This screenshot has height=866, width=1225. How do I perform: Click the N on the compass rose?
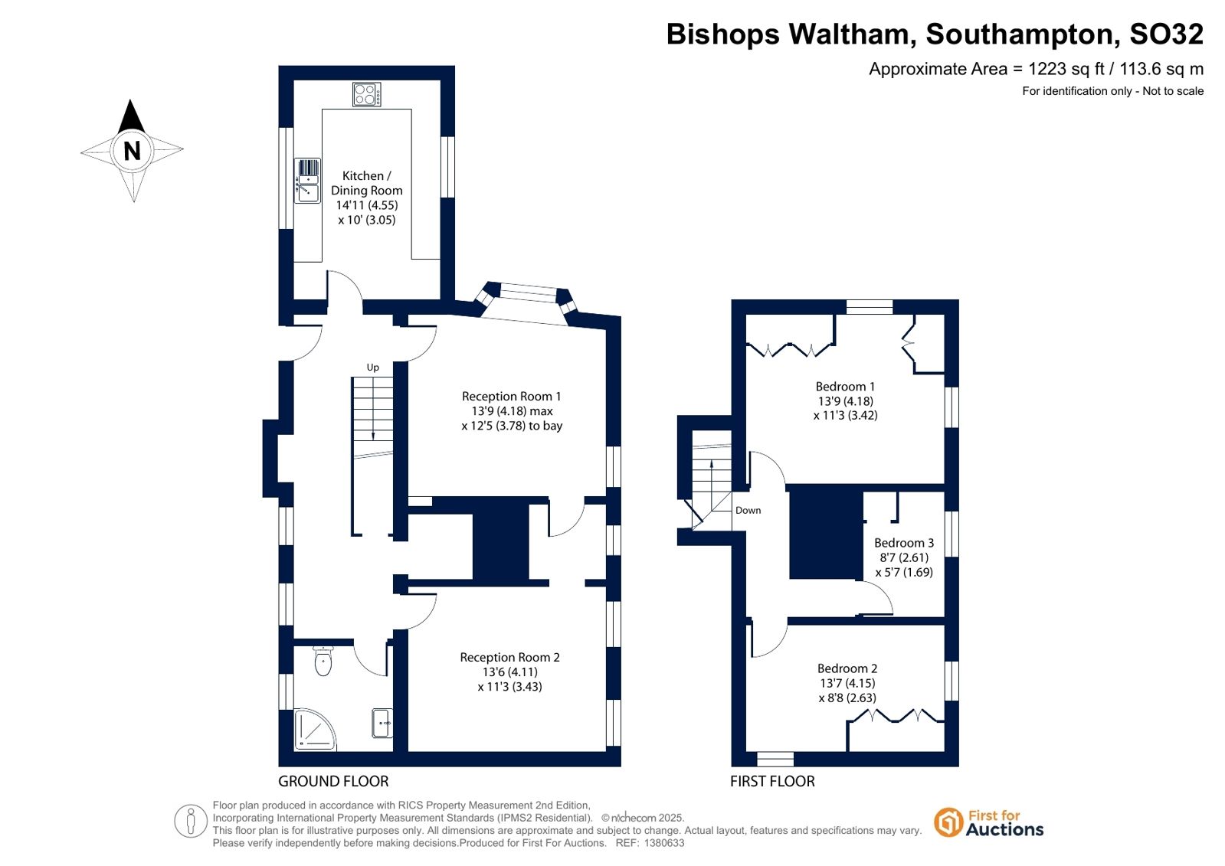pos(133,151)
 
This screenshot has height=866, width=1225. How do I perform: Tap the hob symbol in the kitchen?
pos(367,94)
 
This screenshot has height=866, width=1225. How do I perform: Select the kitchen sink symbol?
pos(308,181)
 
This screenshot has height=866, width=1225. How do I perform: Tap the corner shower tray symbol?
pos(314,730)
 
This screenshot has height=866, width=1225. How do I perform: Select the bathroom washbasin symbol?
pos(382,724)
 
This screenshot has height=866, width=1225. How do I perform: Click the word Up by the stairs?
pos(373,368)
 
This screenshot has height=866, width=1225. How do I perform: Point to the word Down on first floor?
pos(748,511)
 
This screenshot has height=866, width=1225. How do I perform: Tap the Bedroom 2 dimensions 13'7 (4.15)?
pos(847,683)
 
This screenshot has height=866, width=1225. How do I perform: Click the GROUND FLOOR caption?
pos(333,781)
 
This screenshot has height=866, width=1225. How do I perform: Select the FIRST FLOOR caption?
pos(772,781)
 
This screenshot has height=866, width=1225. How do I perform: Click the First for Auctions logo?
pos(989,823)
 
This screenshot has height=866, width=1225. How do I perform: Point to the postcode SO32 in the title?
pos(1166,34)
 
